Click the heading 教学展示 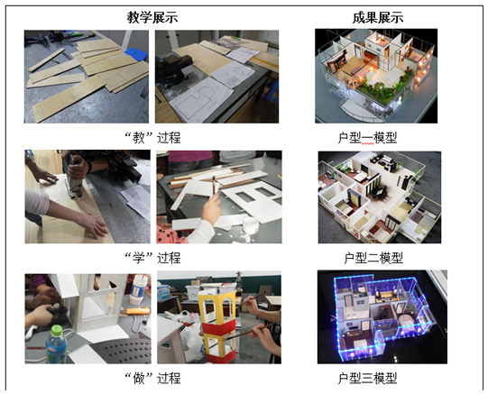pos(152,17)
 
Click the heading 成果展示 pos(378,17)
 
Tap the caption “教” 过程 pos(152,137)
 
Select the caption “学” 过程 pos(152,258)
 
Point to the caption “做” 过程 pos(152,378)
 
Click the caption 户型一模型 pos(367,137)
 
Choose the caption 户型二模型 pos(373,258)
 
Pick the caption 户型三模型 pos(367,378)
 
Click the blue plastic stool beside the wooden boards pos(136,54)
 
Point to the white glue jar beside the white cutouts pos(251,224)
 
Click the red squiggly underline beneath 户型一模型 pos(367,143)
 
